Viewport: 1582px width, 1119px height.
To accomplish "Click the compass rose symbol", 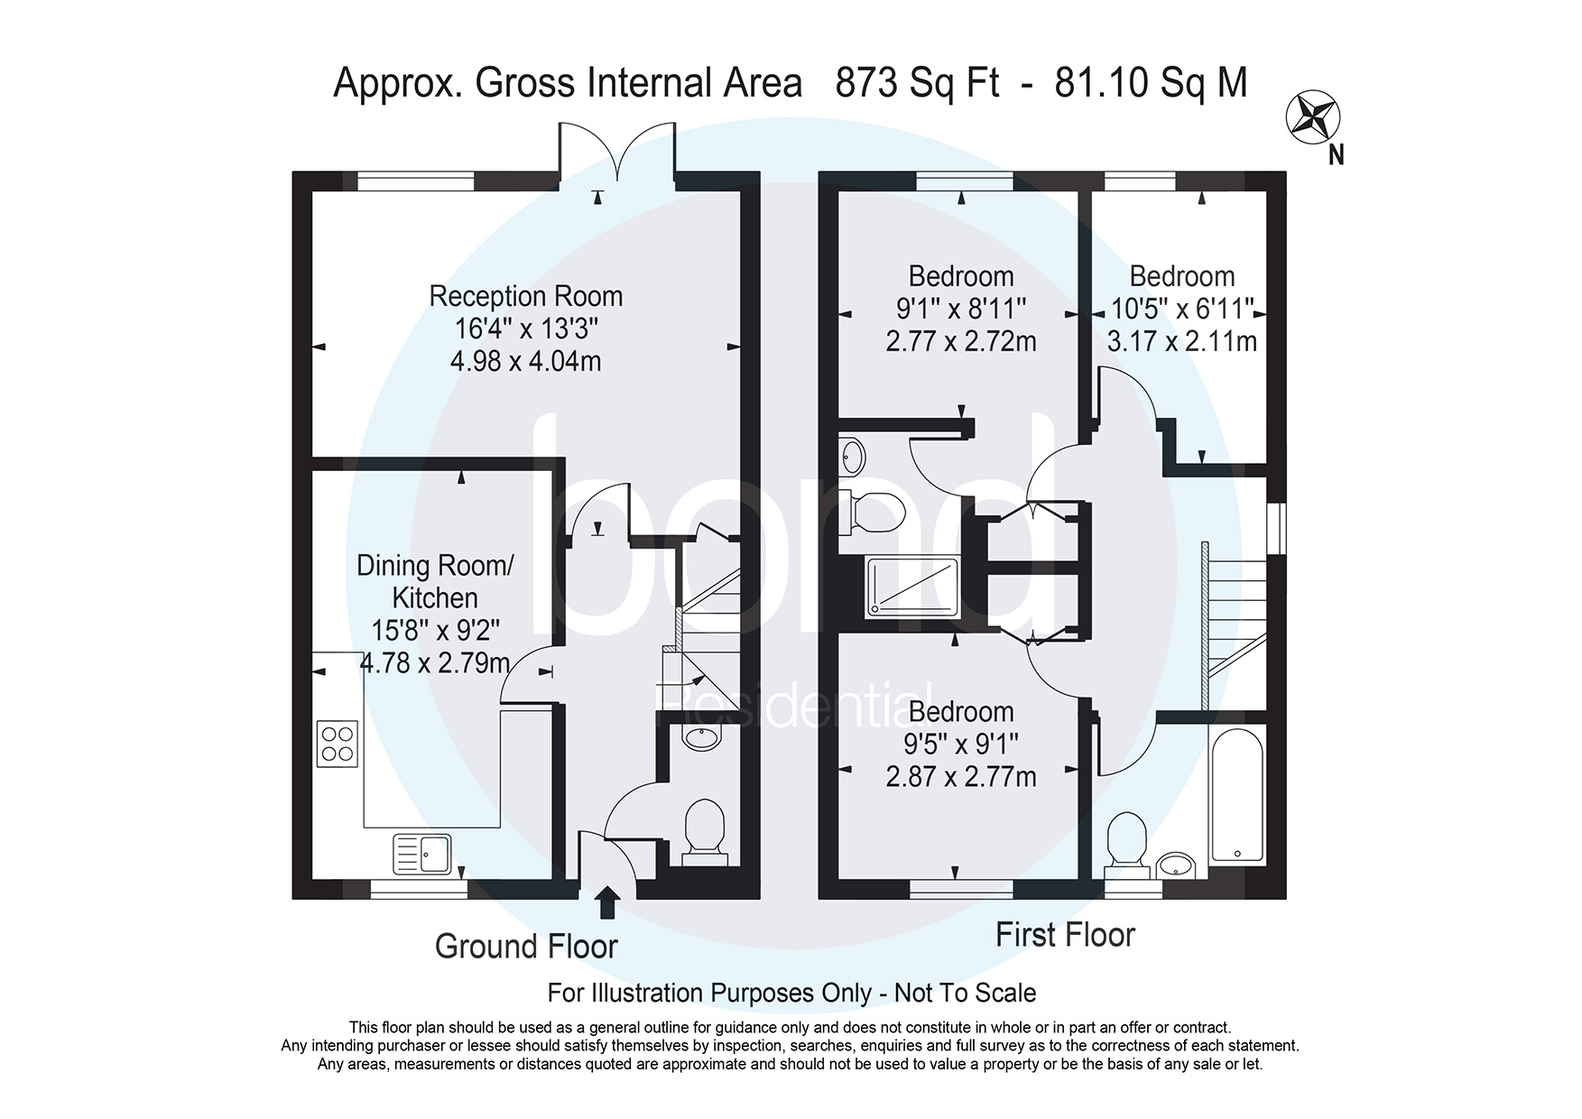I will click(1312, 117).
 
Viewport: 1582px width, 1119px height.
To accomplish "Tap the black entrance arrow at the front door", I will click(608, 902).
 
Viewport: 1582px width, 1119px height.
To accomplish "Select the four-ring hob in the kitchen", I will click(337, 744).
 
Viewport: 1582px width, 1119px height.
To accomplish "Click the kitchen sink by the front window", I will click(422, 854).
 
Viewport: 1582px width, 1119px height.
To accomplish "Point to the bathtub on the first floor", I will click(1237, 795).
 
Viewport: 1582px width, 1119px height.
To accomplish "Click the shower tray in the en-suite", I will click(912, 587).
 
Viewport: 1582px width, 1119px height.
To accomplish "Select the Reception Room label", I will click(525, 296).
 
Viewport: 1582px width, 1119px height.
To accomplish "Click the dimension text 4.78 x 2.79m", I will click(435, 663).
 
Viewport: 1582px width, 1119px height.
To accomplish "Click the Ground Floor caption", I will click(526, 947).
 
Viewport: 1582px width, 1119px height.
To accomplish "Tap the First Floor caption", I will click(1065, 935).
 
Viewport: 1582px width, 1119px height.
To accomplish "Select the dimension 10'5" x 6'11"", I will click(1181, 310).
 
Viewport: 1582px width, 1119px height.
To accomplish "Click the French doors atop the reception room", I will click(617, 152).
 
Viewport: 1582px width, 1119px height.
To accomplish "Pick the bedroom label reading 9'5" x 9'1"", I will click(961, 744).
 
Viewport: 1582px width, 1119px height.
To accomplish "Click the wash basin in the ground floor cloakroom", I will click(702, 739).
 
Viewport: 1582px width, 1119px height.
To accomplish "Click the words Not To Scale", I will click(965, 994).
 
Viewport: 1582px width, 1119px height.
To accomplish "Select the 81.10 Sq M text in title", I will click(1151, 83).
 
